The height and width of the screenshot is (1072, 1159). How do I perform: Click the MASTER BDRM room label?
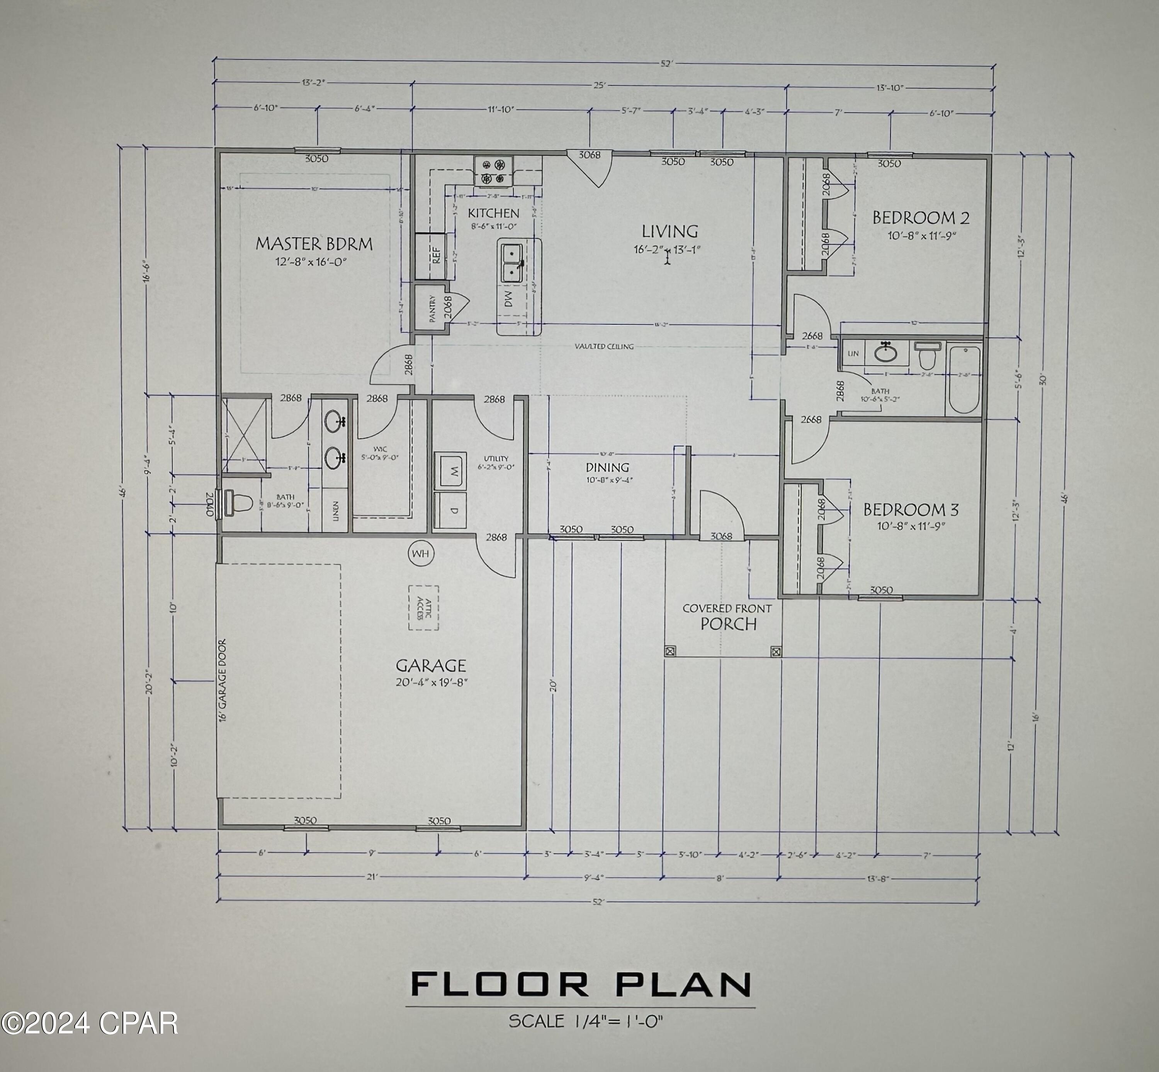[314, 243]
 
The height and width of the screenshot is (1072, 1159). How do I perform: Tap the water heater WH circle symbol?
[420, 553]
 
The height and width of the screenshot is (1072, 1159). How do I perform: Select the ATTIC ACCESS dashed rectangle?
[424, 607]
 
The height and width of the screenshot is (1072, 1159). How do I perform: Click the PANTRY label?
[432, 309]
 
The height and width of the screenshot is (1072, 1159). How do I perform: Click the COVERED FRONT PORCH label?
[727, 617]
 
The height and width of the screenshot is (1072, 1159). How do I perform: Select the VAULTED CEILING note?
[604, 346]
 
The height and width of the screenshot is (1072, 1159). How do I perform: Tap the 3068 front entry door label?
[721, 536]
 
